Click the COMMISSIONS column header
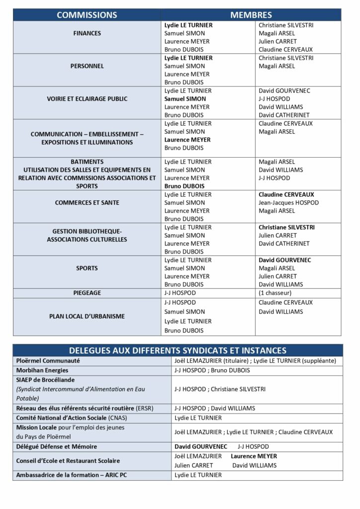pos(87,15)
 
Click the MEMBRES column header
pos(251,15)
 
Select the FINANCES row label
pos(87,33)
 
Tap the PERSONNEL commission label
pos(87,66)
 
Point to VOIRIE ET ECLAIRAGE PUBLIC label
pos(87,99)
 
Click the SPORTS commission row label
pos(87,268)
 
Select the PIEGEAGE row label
pos(87,293)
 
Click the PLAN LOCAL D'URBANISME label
pos(87,316)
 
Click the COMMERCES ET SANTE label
pos(87,203)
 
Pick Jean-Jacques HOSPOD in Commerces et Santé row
pos(289,203)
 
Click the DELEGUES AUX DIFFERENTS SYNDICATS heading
pos(178,350)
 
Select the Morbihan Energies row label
pos(42,370)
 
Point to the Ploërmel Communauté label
pos(48,360)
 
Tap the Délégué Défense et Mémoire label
pos(56,446)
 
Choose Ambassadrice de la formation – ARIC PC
pos(71,475)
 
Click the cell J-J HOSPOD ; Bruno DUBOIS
pos(212,370)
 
